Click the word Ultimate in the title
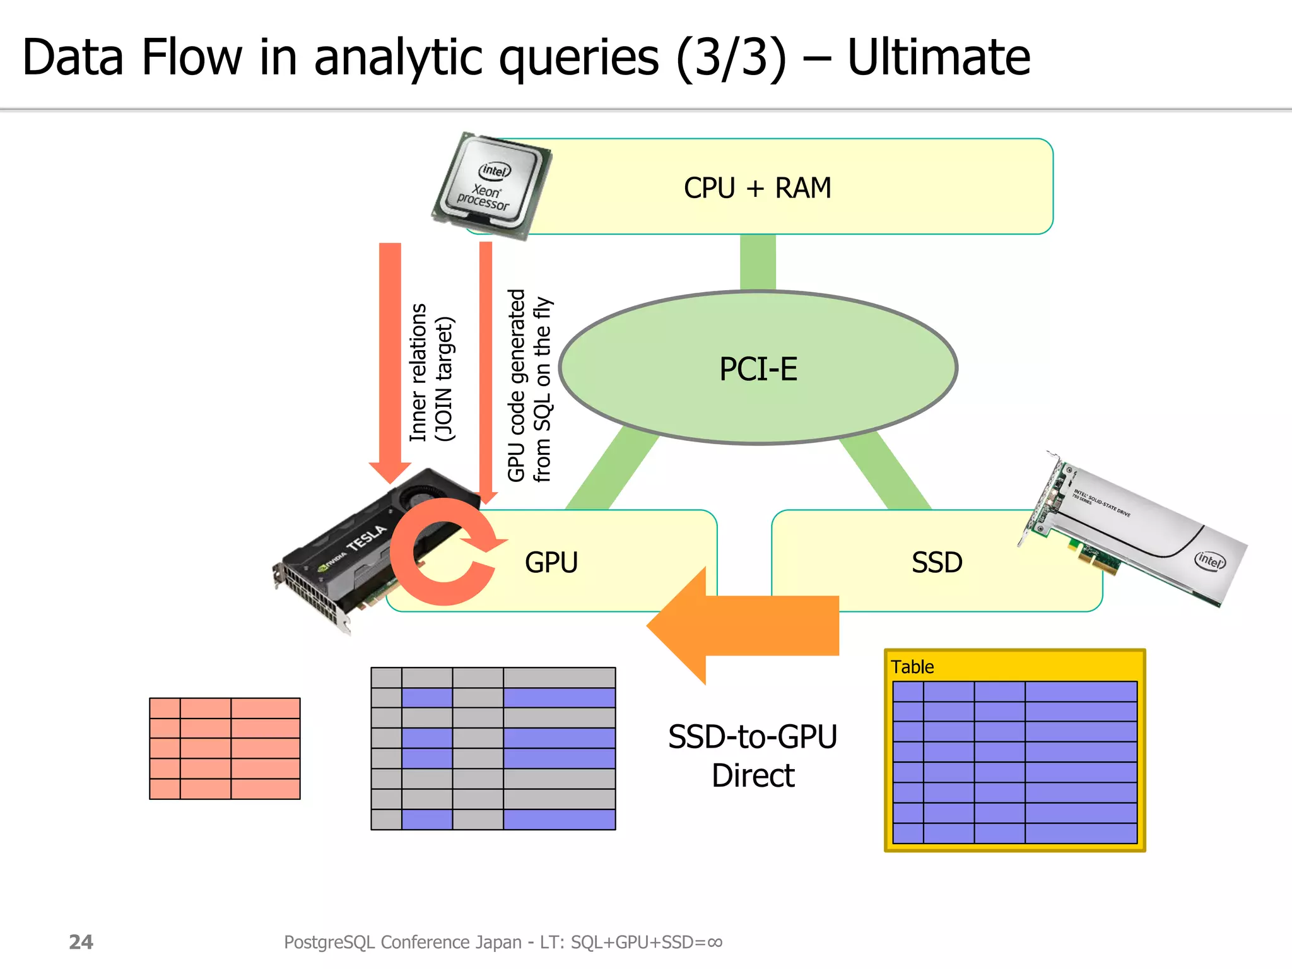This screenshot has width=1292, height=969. click(x=938, y=57)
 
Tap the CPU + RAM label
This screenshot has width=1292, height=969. click(x=757, y=188)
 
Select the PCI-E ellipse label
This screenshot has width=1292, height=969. click(x=758, y=369)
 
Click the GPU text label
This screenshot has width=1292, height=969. click(x=551, y=562)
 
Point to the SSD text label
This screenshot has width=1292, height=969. click(x=937, y=562)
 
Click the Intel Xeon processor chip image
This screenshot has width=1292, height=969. click(x=491, y=185)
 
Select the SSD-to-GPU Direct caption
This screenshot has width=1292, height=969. click(x=753, y=756)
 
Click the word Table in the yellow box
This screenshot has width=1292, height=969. click(x=912, y=667)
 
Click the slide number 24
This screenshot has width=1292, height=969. click(x=81, y=942)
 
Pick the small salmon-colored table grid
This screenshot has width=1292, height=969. click(x=225, y=748)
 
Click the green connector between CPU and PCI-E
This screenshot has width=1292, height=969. click(x=758, y=262)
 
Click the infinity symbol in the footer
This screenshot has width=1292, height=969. click(x=715, y=943)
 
